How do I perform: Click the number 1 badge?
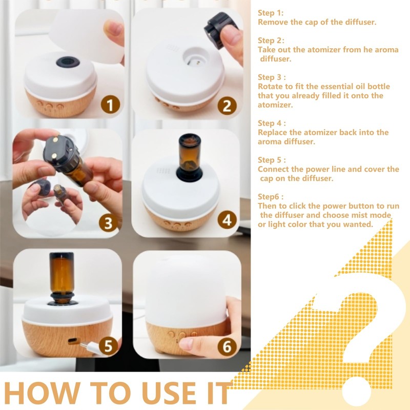point(110,105)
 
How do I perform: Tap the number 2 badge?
point(227,106)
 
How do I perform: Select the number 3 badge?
point(108,222)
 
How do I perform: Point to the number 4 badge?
point(227,220)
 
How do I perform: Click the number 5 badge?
point(108,345)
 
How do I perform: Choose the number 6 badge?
point(227,346)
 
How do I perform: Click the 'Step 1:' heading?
point(271,13)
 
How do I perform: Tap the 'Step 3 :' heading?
point(272,77)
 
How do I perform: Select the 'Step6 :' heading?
point(271,196)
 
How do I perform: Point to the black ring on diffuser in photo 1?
point(68,62)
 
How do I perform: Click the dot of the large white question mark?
point(356,393)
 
